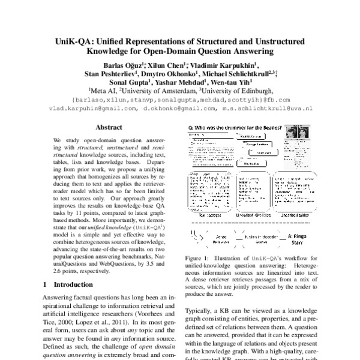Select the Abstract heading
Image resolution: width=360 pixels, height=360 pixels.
coord(109,127)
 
